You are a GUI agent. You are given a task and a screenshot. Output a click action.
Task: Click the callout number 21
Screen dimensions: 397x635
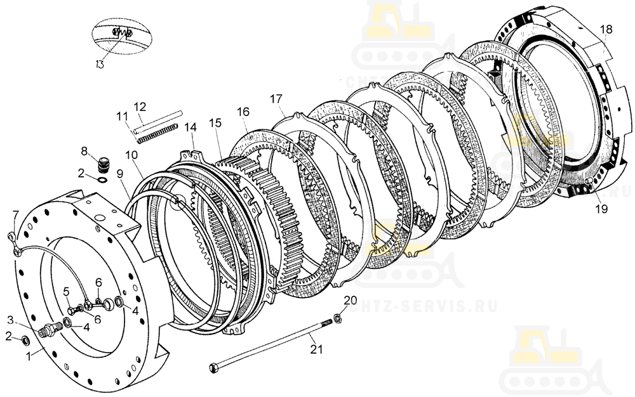point(316,348)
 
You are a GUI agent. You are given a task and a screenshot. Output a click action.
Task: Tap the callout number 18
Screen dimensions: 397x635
point(606,29)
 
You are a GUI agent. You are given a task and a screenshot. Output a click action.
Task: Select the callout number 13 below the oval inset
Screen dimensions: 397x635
point(100,63)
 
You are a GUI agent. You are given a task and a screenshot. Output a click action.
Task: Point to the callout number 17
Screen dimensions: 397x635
point(276,99)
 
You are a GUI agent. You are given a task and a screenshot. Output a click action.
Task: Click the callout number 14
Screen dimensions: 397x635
point(190,127)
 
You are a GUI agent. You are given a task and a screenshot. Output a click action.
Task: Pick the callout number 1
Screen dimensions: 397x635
point(28,356)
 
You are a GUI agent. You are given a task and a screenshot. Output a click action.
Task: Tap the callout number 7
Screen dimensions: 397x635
point(16,213)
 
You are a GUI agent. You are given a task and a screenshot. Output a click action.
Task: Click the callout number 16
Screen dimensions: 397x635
point(244,112)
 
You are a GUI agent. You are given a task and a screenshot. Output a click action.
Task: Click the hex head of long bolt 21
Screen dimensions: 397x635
point(214,366)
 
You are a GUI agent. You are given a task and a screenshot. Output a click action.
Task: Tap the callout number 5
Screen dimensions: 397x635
point(66,292)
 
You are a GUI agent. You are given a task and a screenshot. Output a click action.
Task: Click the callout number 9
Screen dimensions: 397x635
point(120,173)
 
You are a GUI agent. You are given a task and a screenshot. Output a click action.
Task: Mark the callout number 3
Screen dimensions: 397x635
point(11,318)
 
